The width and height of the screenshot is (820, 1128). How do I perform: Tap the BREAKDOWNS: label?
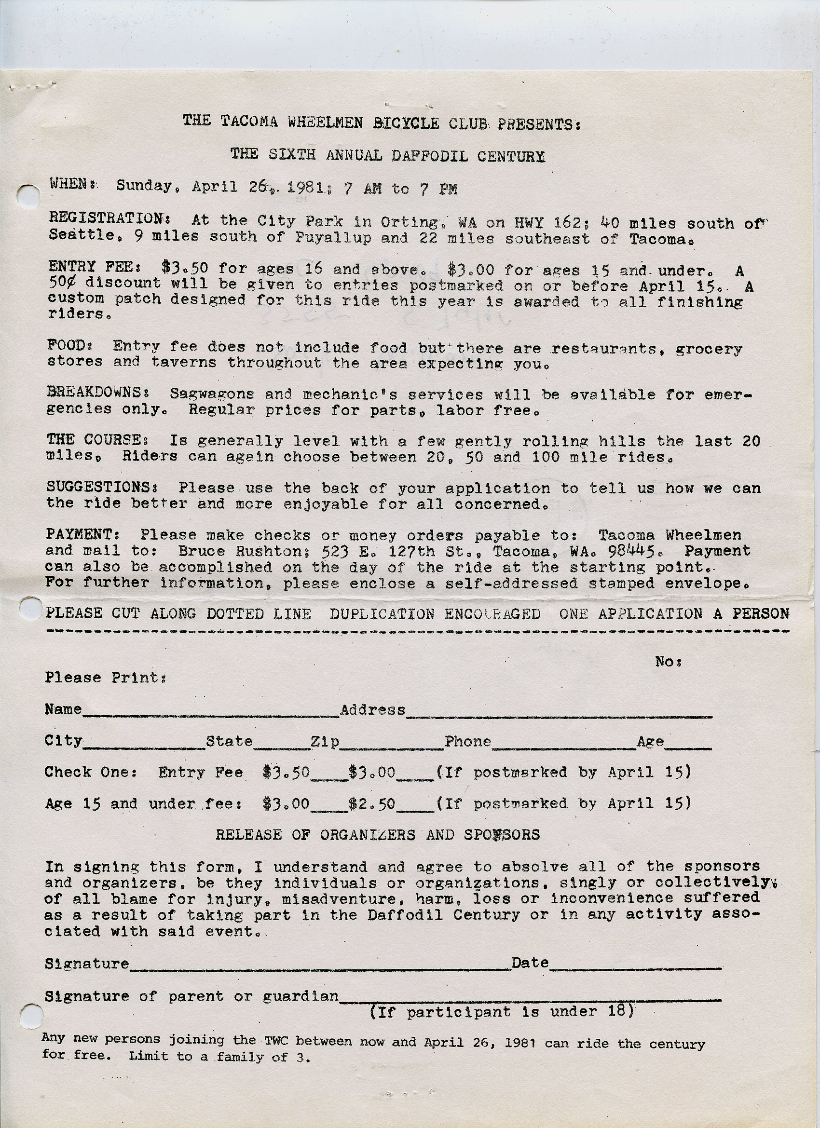[x=101, y=392]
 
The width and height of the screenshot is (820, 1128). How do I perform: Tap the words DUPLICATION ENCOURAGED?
[x=435, y=614]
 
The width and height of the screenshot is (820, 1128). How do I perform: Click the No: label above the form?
[x=667, y=662]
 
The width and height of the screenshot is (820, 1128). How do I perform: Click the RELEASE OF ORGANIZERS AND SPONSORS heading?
[x=378, y=834]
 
